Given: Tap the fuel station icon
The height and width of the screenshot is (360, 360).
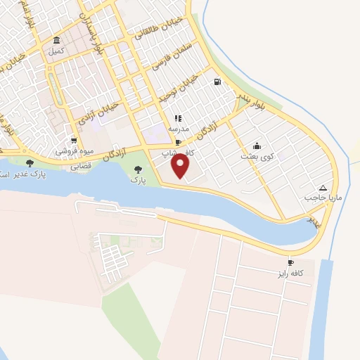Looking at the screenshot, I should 217,82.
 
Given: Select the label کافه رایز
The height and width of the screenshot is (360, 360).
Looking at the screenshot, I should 290,272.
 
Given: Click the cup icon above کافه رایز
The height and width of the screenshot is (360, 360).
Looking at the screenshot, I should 290,262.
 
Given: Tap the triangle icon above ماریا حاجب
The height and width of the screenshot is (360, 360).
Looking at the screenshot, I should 323,188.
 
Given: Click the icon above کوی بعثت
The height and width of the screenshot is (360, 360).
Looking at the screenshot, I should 255,146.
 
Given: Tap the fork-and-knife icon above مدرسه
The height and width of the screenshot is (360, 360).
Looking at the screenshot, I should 178,118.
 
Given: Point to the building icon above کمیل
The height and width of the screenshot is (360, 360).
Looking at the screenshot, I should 56,41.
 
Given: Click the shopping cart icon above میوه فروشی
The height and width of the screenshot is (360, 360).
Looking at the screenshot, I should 74,141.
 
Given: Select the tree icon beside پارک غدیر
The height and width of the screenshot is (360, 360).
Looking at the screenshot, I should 29,163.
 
